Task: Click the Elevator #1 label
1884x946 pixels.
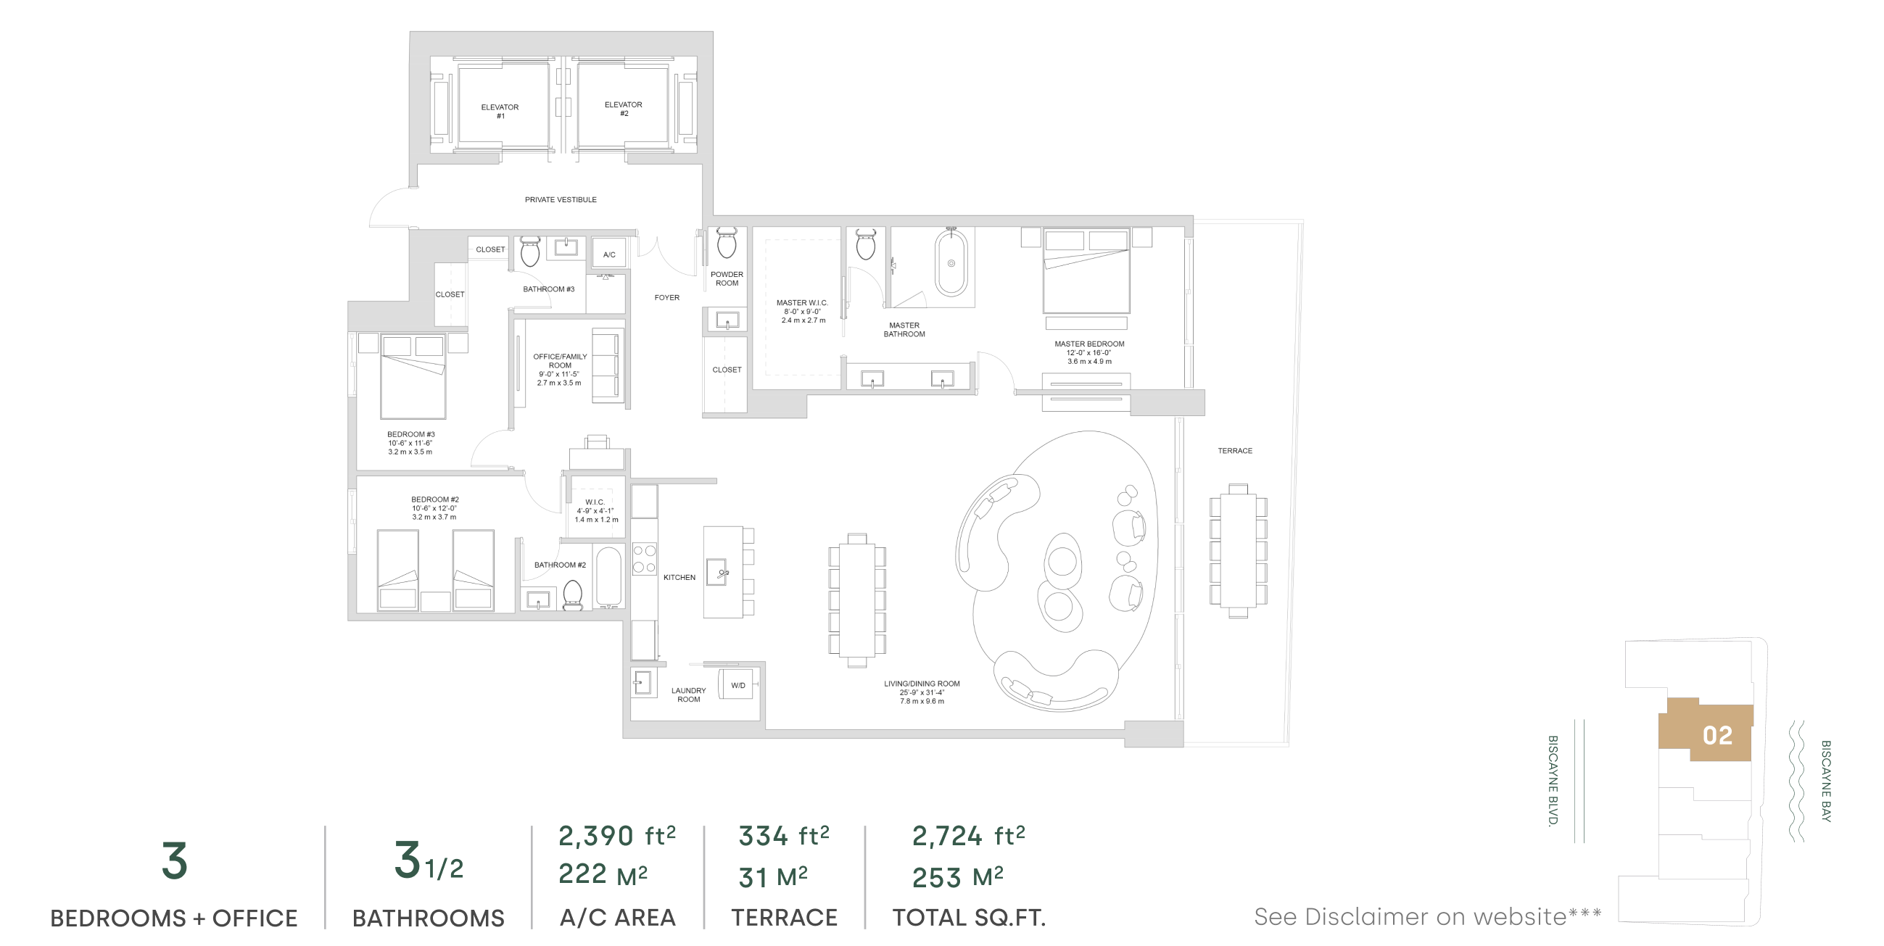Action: pos(500,111)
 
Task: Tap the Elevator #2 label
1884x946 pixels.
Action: pos(623,109)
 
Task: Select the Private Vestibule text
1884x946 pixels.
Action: pos(561,199)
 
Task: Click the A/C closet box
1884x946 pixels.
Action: pos(608,254)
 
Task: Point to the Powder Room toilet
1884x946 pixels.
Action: pos(726,243)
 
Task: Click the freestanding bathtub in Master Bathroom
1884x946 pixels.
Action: pos(951,263)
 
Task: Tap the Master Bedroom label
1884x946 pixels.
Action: pos(1089,352)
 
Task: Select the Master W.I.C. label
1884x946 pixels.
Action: pos(802,312)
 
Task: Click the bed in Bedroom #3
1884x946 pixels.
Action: pos(413,376)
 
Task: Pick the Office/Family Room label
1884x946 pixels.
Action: pos(560,370)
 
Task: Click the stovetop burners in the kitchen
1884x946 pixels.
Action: pos(645,558)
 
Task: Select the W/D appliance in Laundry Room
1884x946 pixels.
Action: pos(737,684)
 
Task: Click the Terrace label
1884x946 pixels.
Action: pos(1234,451)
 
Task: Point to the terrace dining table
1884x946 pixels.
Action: pos(1238,550)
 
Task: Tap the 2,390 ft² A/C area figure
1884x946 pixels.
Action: pos(616,836)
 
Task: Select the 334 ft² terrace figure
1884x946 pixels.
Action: pos(783,836)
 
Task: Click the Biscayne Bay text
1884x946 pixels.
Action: pos(1825,781)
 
